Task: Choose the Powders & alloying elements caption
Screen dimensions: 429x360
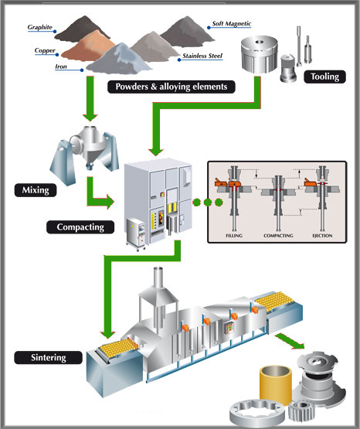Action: click(172, 87)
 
